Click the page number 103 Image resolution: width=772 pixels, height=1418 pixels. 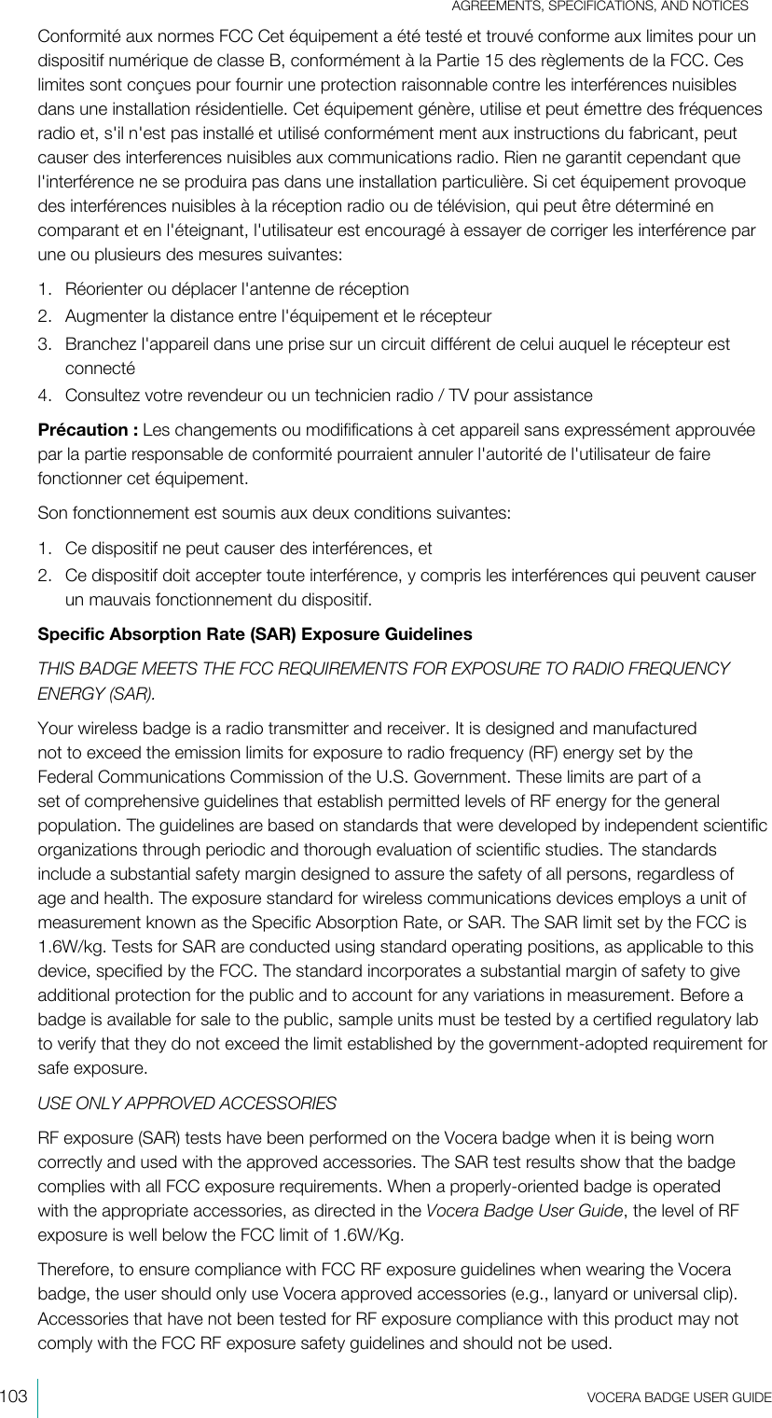(13, 1397)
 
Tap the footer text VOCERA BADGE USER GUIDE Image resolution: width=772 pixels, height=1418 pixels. (679, 1397)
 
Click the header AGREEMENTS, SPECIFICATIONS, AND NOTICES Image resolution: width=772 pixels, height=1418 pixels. (600, 7)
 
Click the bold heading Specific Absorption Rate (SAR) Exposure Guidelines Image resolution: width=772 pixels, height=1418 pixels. (254, 634)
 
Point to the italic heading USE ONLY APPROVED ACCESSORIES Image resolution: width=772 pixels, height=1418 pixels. (186, 1105)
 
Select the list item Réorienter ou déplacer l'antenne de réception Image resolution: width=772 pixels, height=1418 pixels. (237, 289)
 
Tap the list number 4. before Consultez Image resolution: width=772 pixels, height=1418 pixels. (45, 396)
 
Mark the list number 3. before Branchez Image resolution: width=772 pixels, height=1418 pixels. (45, 344)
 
